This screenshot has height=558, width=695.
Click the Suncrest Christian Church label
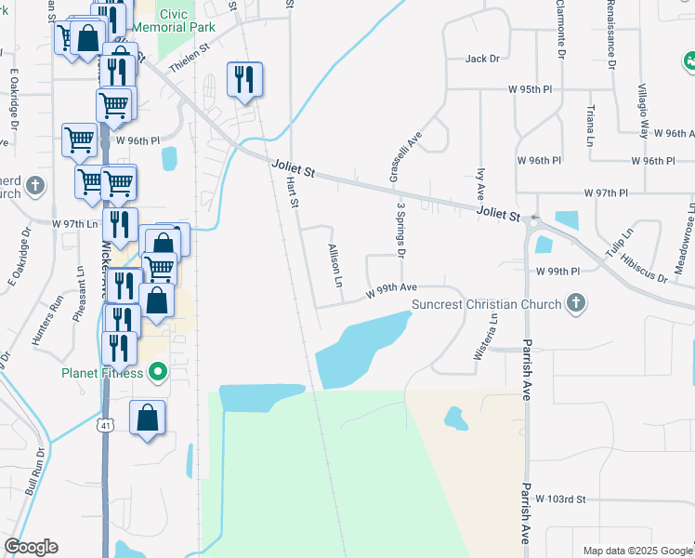click(x=486, y=304)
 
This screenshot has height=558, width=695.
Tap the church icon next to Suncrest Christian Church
click(x=576, y=303)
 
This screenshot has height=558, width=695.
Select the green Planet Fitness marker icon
click(x=158, y=374)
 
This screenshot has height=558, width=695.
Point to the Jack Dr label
click(x=482, y=59)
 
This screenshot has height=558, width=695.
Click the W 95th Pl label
click(x=531, y=88)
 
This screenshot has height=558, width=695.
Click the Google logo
click(x=31, y=547)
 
